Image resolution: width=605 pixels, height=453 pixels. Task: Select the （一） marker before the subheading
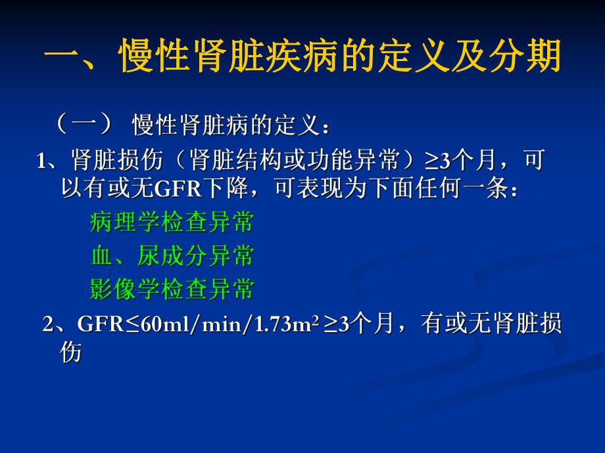84,123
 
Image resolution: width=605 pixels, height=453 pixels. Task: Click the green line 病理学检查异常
172,223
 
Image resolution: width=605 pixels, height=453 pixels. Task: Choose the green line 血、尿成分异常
172,256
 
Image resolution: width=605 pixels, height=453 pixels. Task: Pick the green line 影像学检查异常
172,289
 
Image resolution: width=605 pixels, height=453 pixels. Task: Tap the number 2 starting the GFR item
47,324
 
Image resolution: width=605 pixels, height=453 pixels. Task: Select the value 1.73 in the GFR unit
271,324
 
